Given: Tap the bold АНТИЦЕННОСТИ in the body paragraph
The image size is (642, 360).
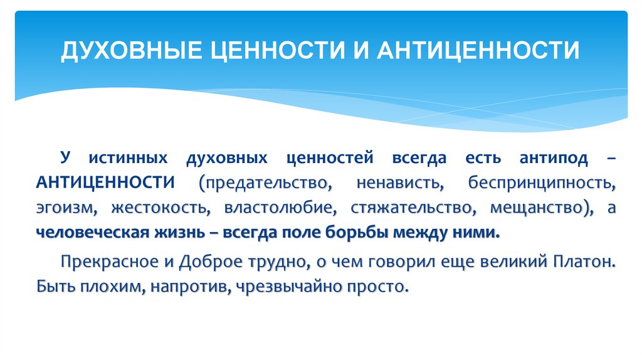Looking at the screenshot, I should tap(105, 183).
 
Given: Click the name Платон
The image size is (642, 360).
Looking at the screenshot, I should tap(582, 262).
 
